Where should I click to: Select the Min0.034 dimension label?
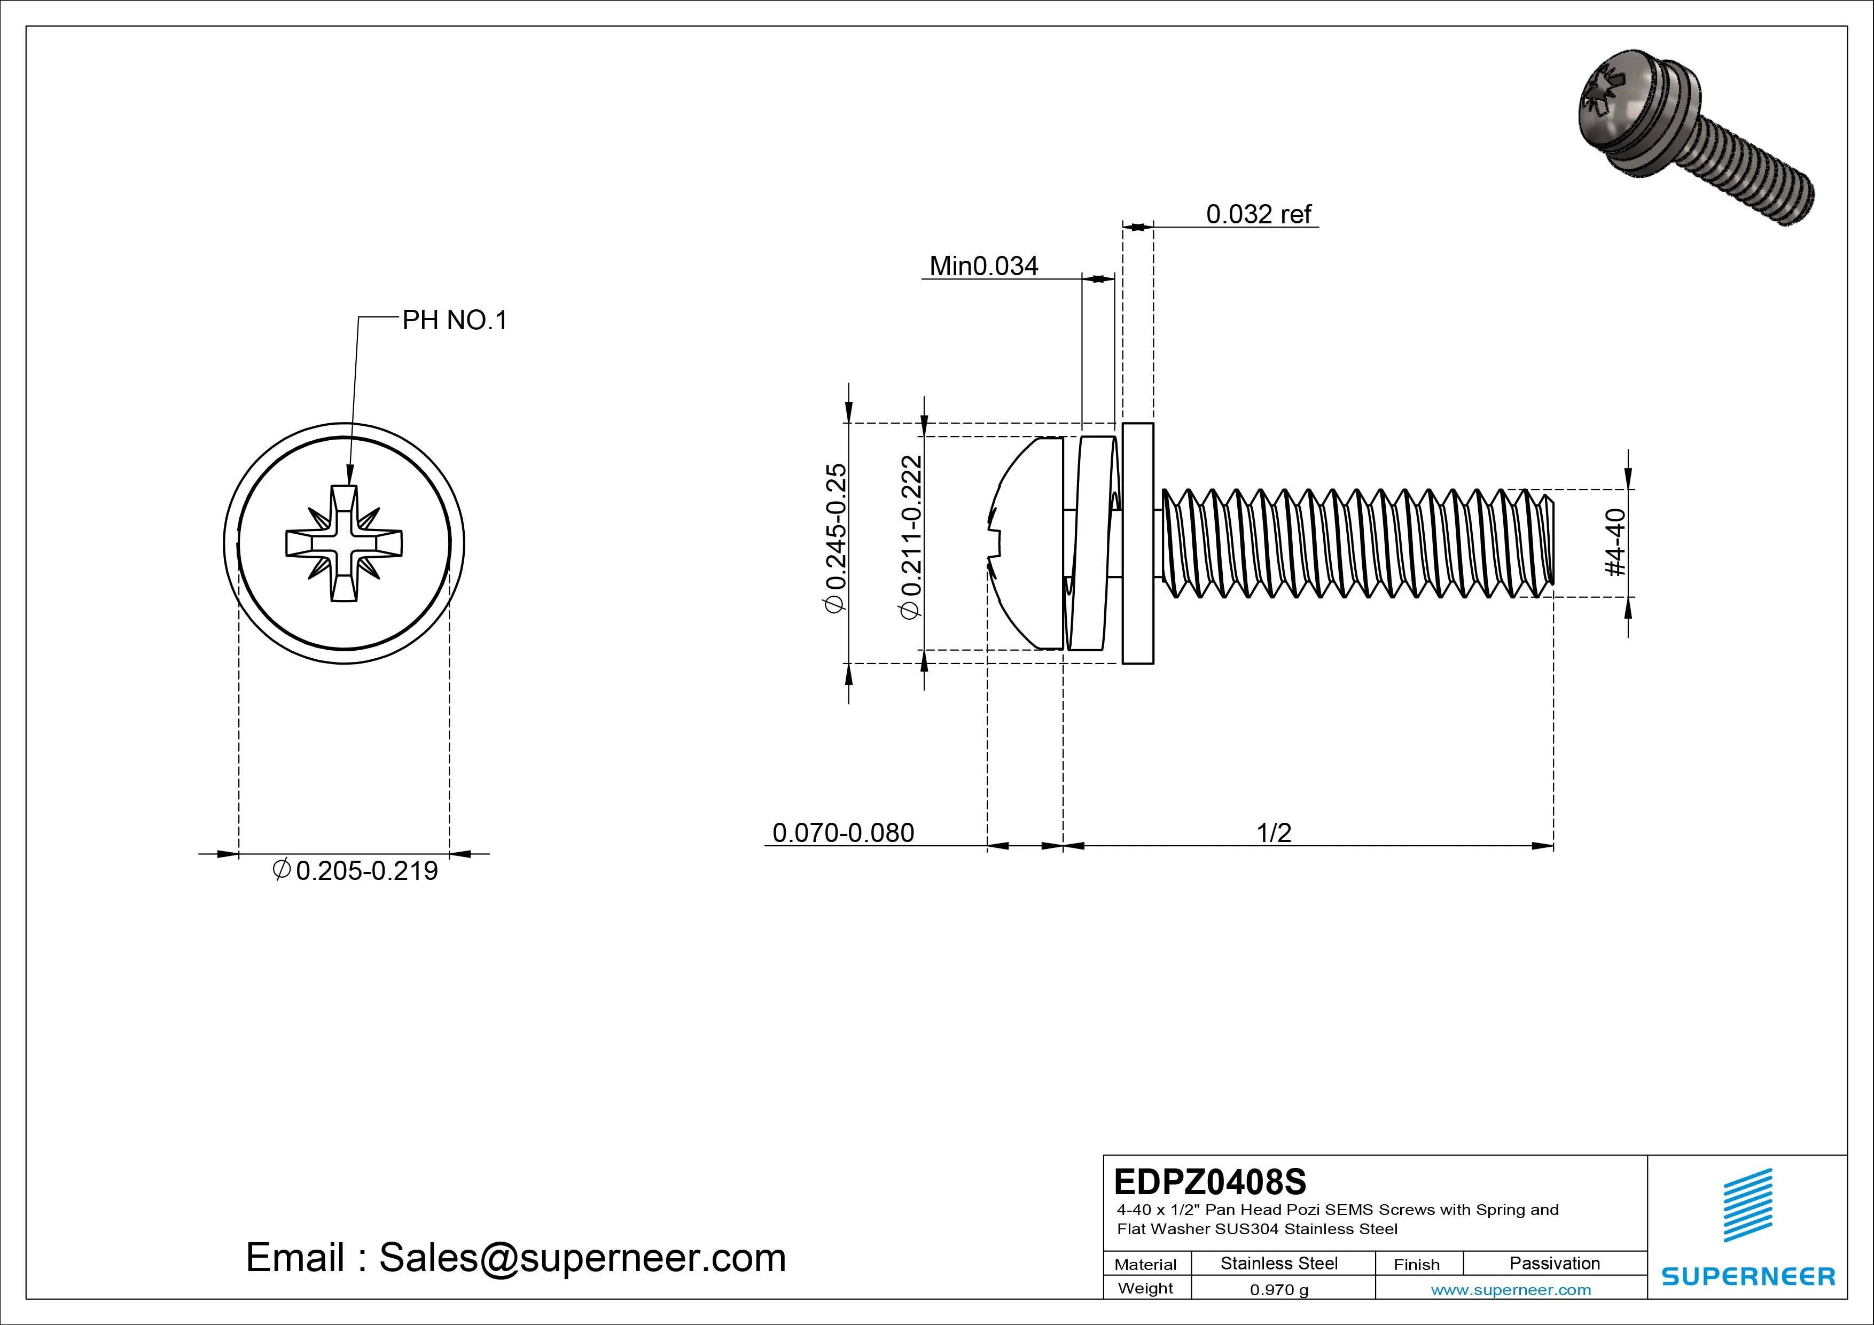pos(983,266)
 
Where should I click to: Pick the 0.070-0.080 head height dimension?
pos(843,833)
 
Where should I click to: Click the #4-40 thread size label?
pos(1615,542)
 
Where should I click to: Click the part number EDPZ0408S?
pos(1209,1181)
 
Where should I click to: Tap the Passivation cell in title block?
pos(1554,1263)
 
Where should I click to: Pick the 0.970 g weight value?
pos(1279,1290)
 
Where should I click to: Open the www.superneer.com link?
pos(1511,1290)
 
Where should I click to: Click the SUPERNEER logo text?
pos(1747,1276)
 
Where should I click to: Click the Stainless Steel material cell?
pos(1279,1263)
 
